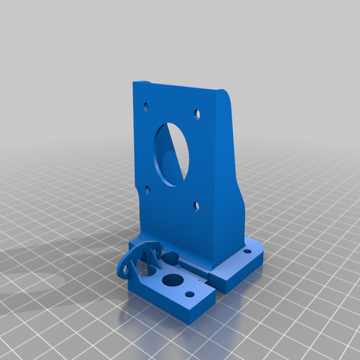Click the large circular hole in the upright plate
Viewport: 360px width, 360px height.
click(169, 153)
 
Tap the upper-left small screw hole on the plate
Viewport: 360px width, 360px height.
click(146, 107)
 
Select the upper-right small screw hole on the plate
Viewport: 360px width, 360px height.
click(197, 112)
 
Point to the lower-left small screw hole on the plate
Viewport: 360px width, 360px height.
click(147, 188)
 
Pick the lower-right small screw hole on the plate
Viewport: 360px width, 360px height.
click(197, 206)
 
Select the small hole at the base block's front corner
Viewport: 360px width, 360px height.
click(190, 294)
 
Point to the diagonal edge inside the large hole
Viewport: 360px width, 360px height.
click(180, 153)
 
